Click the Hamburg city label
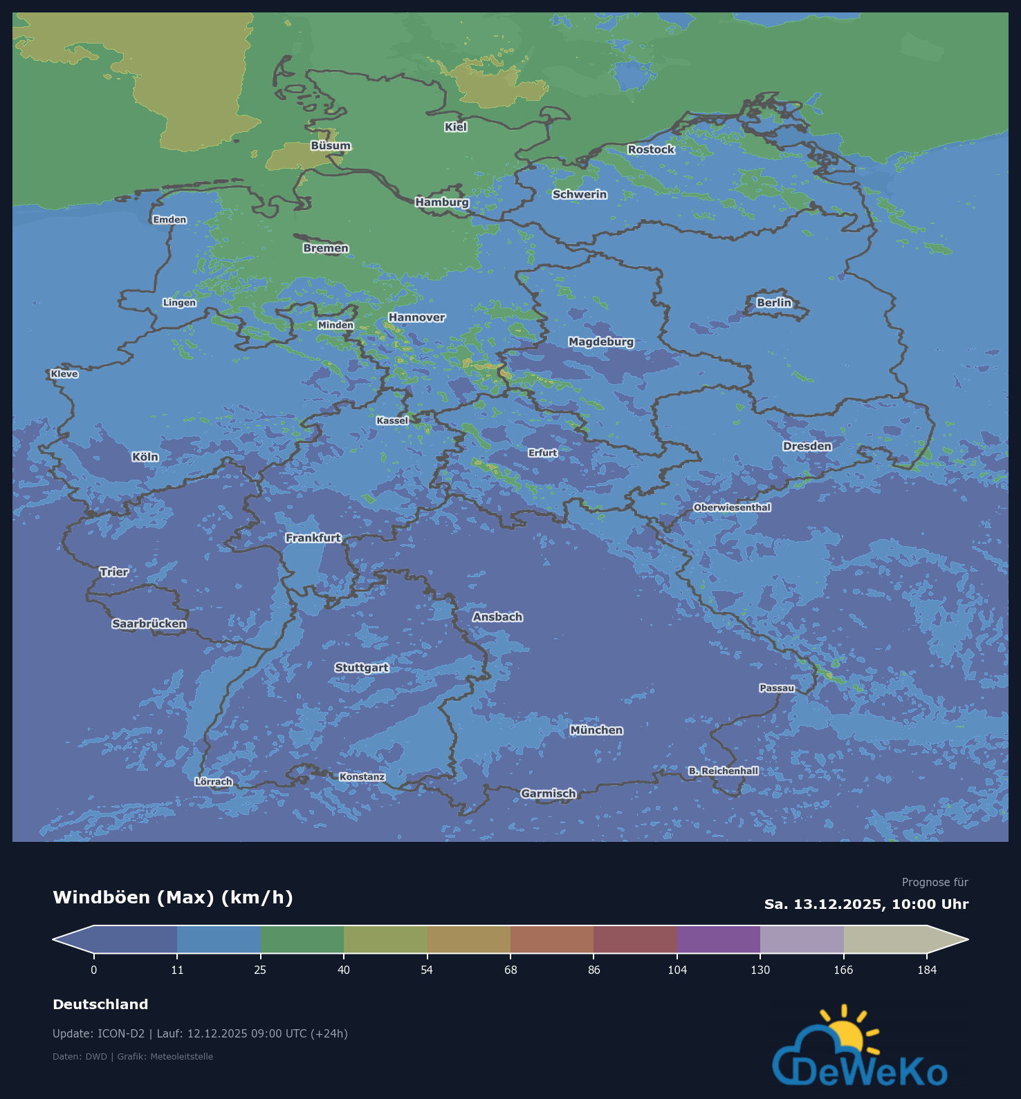click(442, 202)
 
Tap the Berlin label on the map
click(773, 303)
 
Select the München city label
click(596, 730)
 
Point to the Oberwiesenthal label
click(732, 507)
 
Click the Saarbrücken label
click(149, 623)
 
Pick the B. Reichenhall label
click(723, 771)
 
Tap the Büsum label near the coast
click(331, 146)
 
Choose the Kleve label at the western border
click(64, 374)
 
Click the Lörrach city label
click(214, 782)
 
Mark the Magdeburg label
click(601, 341)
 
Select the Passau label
click(777, 688)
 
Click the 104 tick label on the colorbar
click(677, 970)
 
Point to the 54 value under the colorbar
click(427, 970)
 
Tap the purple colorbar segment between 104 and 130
click(719, 939)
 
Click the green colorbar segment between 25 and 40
click(302, 939)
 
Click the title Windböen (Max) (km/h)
click(173, 897)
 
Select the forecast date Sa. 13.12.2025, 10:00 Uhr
click(866, 904)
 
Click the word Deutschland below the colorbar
click(100, 1004)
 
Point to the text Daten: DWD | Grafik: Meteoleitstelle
click(133, 1056)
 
